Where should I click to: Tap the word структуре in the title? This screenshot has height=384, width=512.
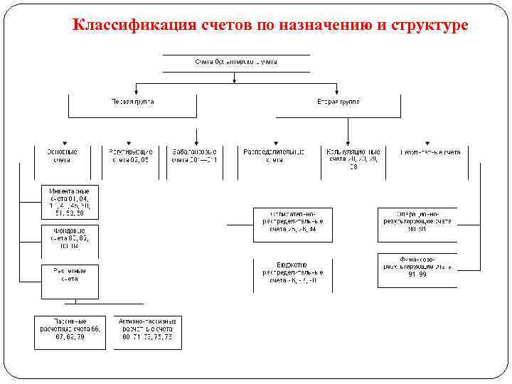[x=430, y=26]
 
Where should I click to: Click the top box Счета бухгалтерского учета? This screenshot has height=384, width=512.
[x=236, y=63]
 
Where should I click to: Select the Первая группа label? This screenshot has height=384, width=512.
[x=132, y=102]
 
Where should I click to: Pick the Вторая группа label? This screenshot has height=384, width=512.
[x=338, y=102]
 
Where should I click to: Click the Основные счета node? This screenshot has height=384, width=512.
[x=63, y=156]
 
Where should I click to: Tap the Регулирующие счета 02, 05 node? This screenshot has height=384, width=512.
[x=131, y=156]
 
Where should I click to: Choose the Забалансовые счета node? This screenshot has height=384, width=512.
[x=194, y=156]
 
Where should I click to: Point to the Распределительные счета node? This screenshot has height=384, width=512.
[x=274, y=156]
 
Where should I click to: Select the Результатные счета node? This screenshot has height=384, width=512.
[x=431, y=152]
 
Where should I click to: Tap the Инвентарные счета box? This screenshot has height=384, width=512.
[x=70, y=202]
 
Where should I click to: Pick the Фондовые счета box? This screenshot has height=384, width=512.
[x=70, y=238]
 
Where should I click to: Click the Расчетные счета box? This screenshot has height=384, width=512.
[x=70, y=274]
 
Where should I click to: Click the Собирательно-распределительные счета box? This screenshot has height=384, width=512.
[x=293, y=222]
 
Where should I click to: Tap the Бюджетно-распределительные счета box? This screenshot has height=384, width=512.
[x=293, y=273]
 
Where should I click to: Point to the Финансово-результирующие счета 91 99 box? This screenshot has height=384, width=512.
[x=417, y=267]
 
